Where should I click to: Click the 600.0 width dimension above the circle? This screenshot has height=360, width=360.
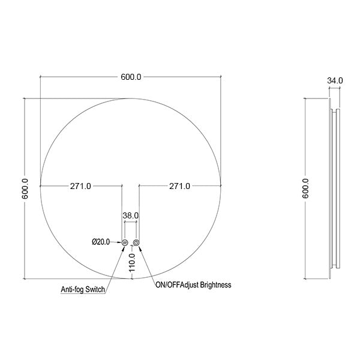tap(131, 77)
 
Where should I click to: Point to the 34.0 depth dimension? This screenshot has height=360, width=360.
tap(335, 80)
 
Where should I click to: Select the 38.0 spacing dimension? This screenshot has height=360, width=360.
tap(131, 214)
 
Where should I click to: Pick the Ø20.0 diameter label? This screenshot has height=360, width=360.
tap(100, 242)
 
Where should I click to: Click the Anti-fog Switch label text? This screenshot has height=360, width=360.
tap(83, 289)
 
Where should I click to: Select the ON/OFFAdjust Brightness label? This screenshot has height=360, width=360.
tap(192, 286)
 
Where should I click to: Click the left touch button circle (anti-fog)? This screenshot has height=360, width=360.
tap(125, 242)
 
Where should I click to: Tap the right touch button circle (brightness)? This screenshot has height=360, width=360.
tap(137, 242)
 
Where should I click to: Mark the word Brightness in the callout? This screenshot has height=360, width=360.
tap(213, 286)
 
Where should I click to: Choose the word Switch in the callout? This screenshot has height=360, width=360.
tap(95, 289)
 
